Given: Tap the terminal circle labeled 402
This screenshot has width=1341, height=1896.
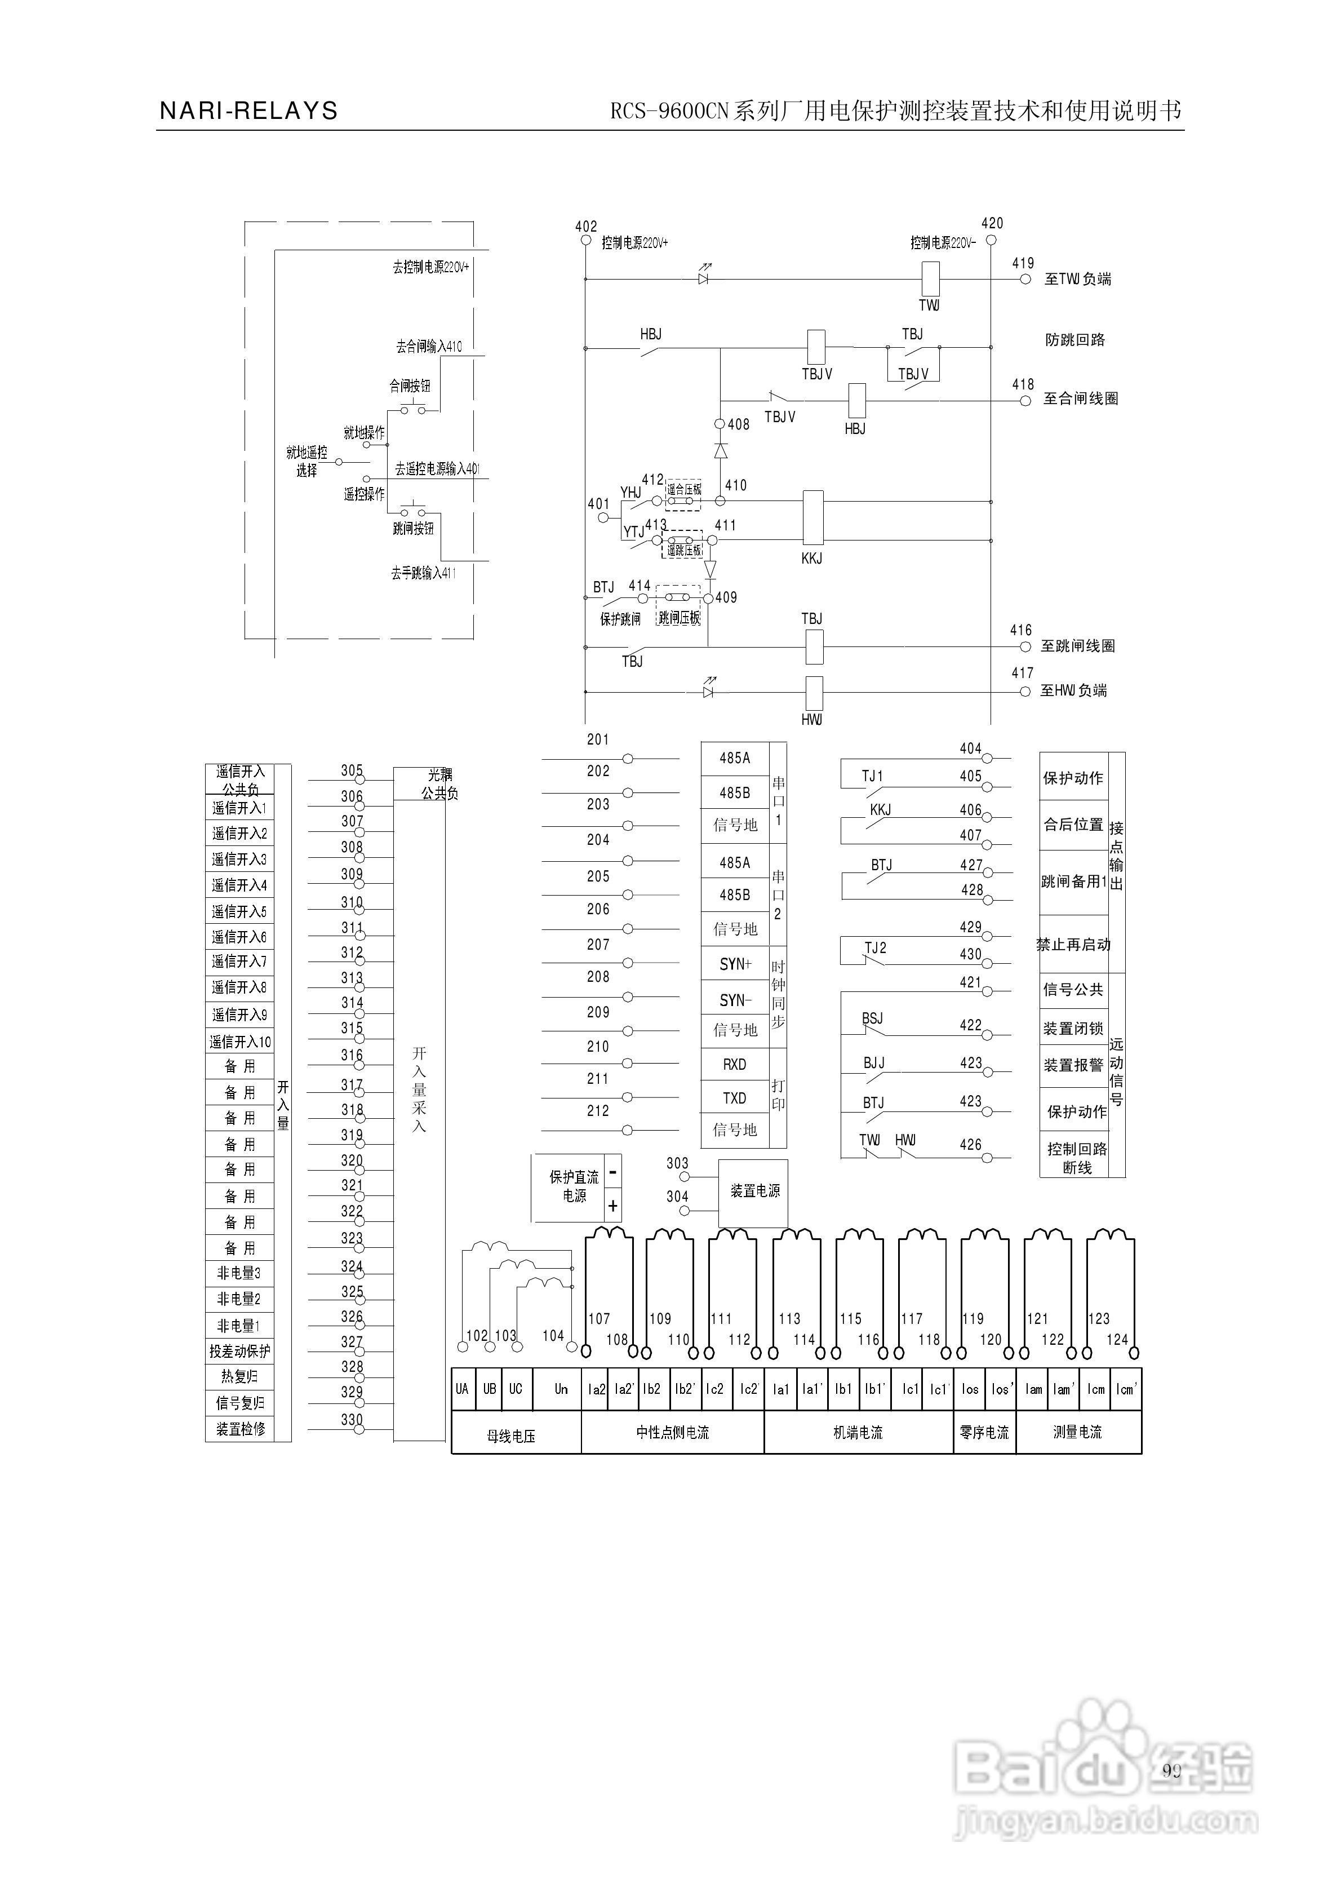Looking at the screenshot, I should (585, 240).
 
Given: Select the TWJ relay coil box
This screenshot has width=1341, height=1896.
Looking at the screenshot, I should (930, 279).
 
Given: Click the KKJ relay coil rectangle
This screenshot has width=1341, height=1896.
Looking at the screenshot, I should (812, 518).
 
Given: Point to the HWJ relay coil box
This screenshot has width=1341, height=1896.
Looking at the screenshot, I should (814, 692).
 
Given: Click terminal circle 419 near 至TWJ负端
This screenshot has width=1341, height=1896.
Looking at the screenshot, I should (1025, 279).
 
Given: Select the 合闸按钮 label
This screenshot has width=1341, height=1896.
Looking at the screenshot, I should (410, 386).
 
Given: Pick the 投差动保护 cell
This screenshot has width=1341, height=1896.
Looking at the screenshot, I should (239, 1352).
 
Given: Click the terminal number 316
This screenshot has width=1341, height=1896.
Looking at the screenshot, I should (352, 1055).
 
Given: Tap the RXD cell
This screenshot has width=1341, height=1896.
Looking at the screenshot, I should (734, 1065).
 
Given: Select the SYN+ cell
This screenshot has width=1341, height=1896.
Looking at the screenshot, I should (735, 964).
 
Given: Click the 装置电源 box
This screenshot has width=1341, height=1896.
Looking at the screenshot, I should (754, 1191).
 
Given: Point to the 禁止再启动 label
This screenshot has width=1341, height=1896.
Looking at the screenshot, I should (1073, 945).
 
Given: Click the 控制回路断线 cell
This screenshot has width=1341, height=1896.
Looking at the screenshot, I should (1077, 1158).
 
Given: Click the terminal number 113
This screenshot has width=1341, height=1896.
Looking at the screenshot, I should (789, 1319).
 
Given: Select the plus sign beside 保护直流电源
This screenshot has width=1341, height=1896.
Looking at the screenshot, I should (612, 1207).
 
